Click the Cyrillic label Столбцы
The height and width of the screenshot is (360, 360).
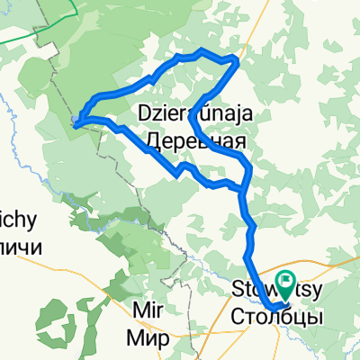pos(275,316)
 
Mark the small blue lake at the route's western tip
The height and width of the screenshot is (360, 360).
pos(76,119)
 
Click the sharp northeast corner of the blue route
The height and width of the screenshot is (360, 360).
pos(237,59)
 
